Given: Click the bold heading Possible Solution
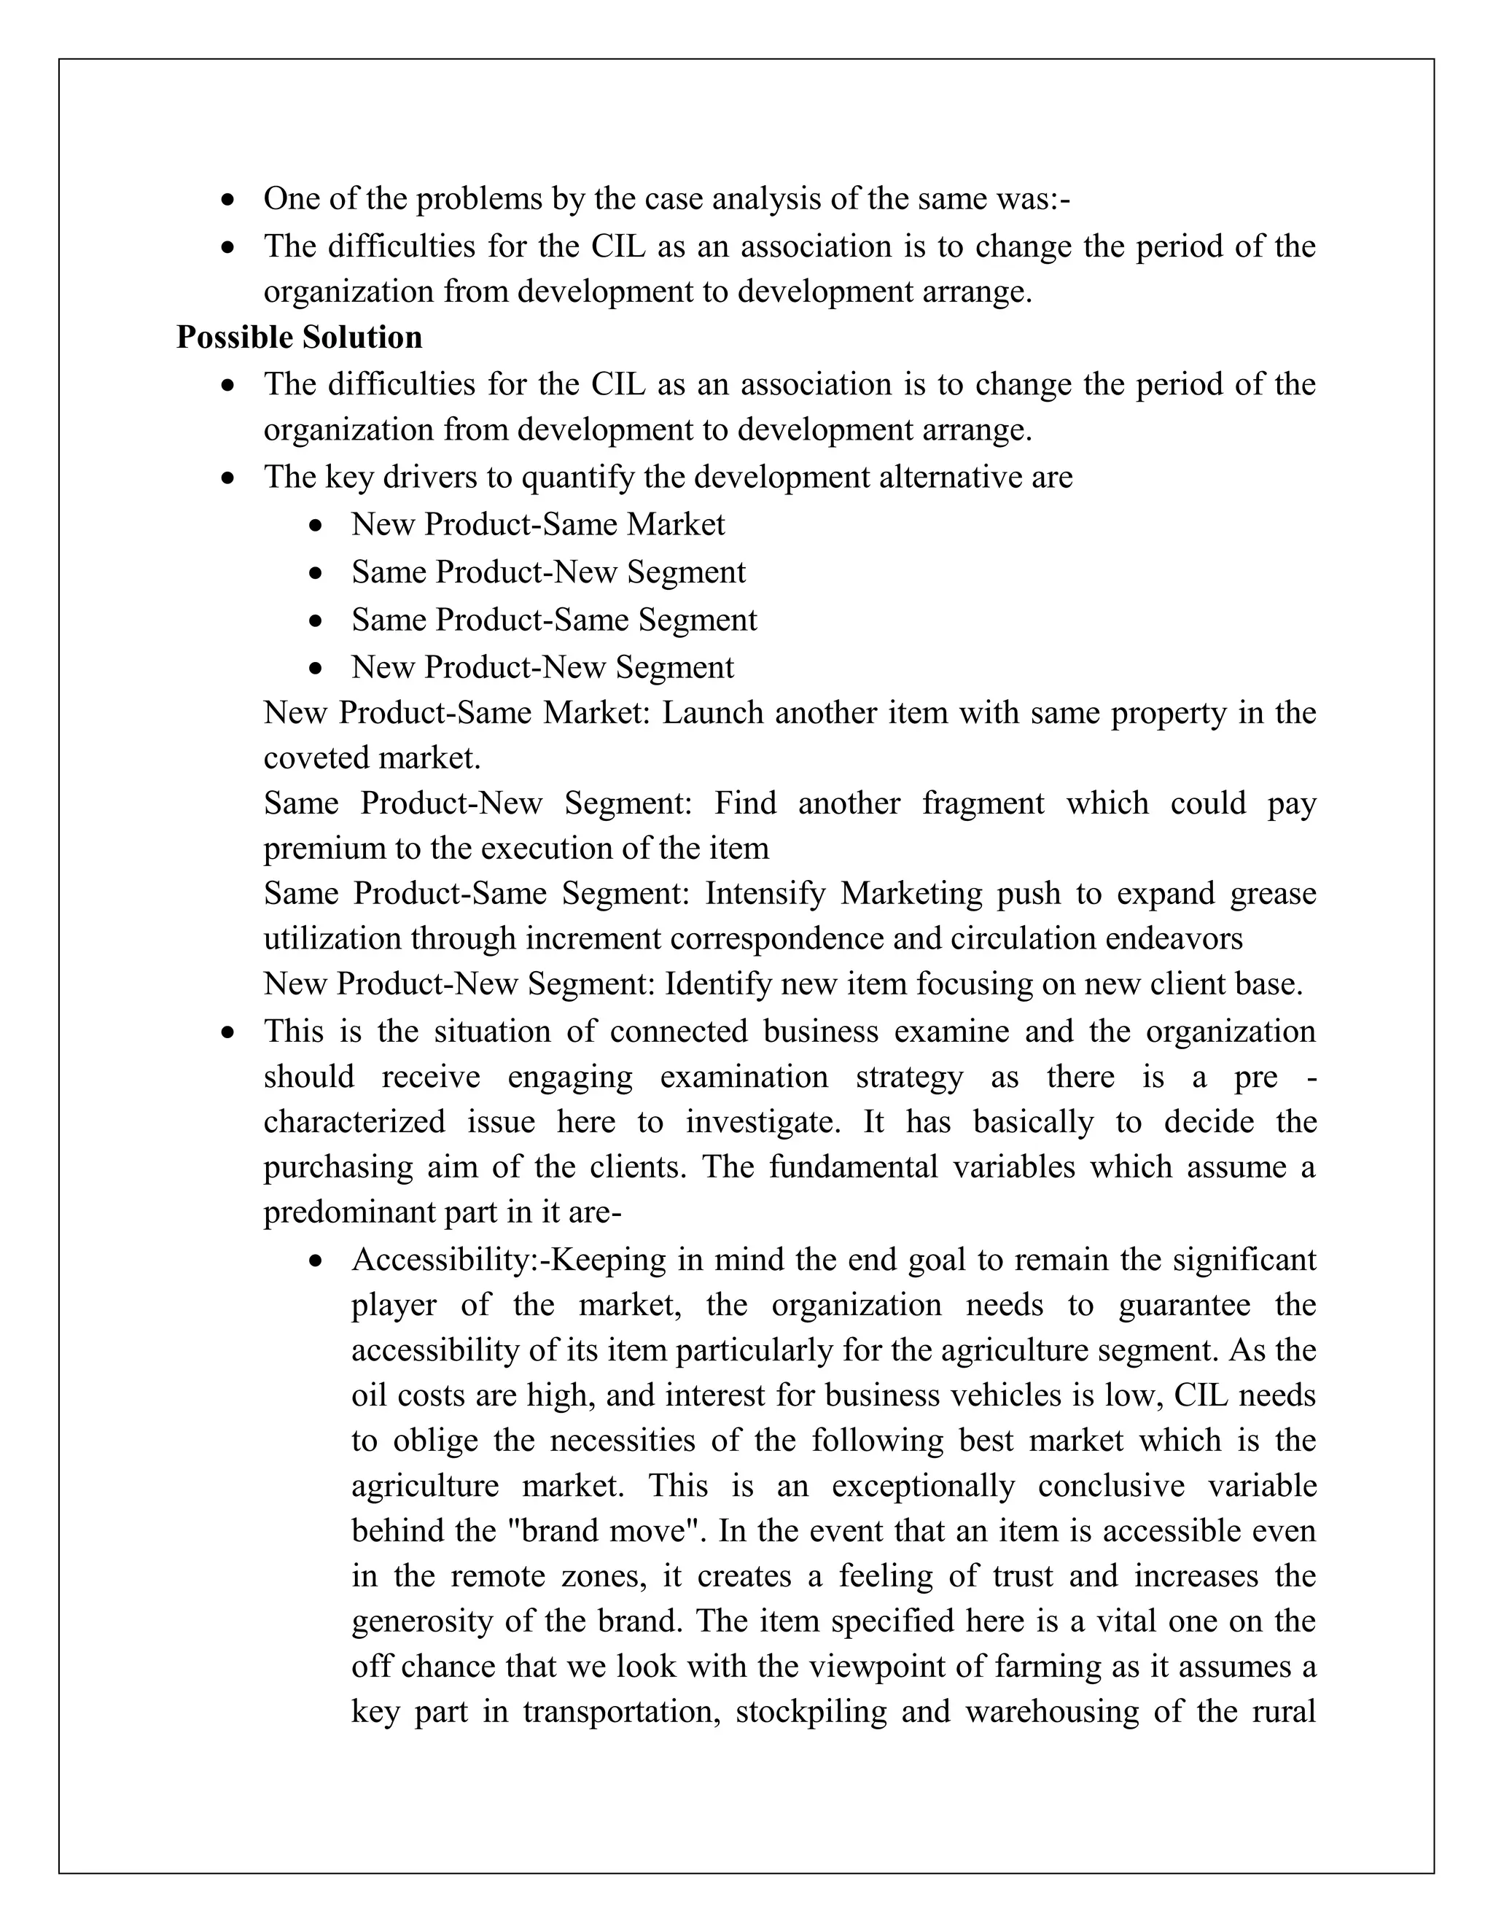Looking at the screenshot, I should pyautogui.click(x=299, y=337).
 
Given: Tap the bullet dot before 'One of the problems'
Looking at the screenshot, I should pyautogui.click(x=228, y=200).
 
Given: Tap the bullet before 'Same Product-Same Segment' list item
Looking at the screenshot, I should pyautogui.click(x=316, y=621).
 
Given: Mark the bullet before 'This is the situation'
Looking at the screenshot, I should pyautogui.click(x=228, y=1032).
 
